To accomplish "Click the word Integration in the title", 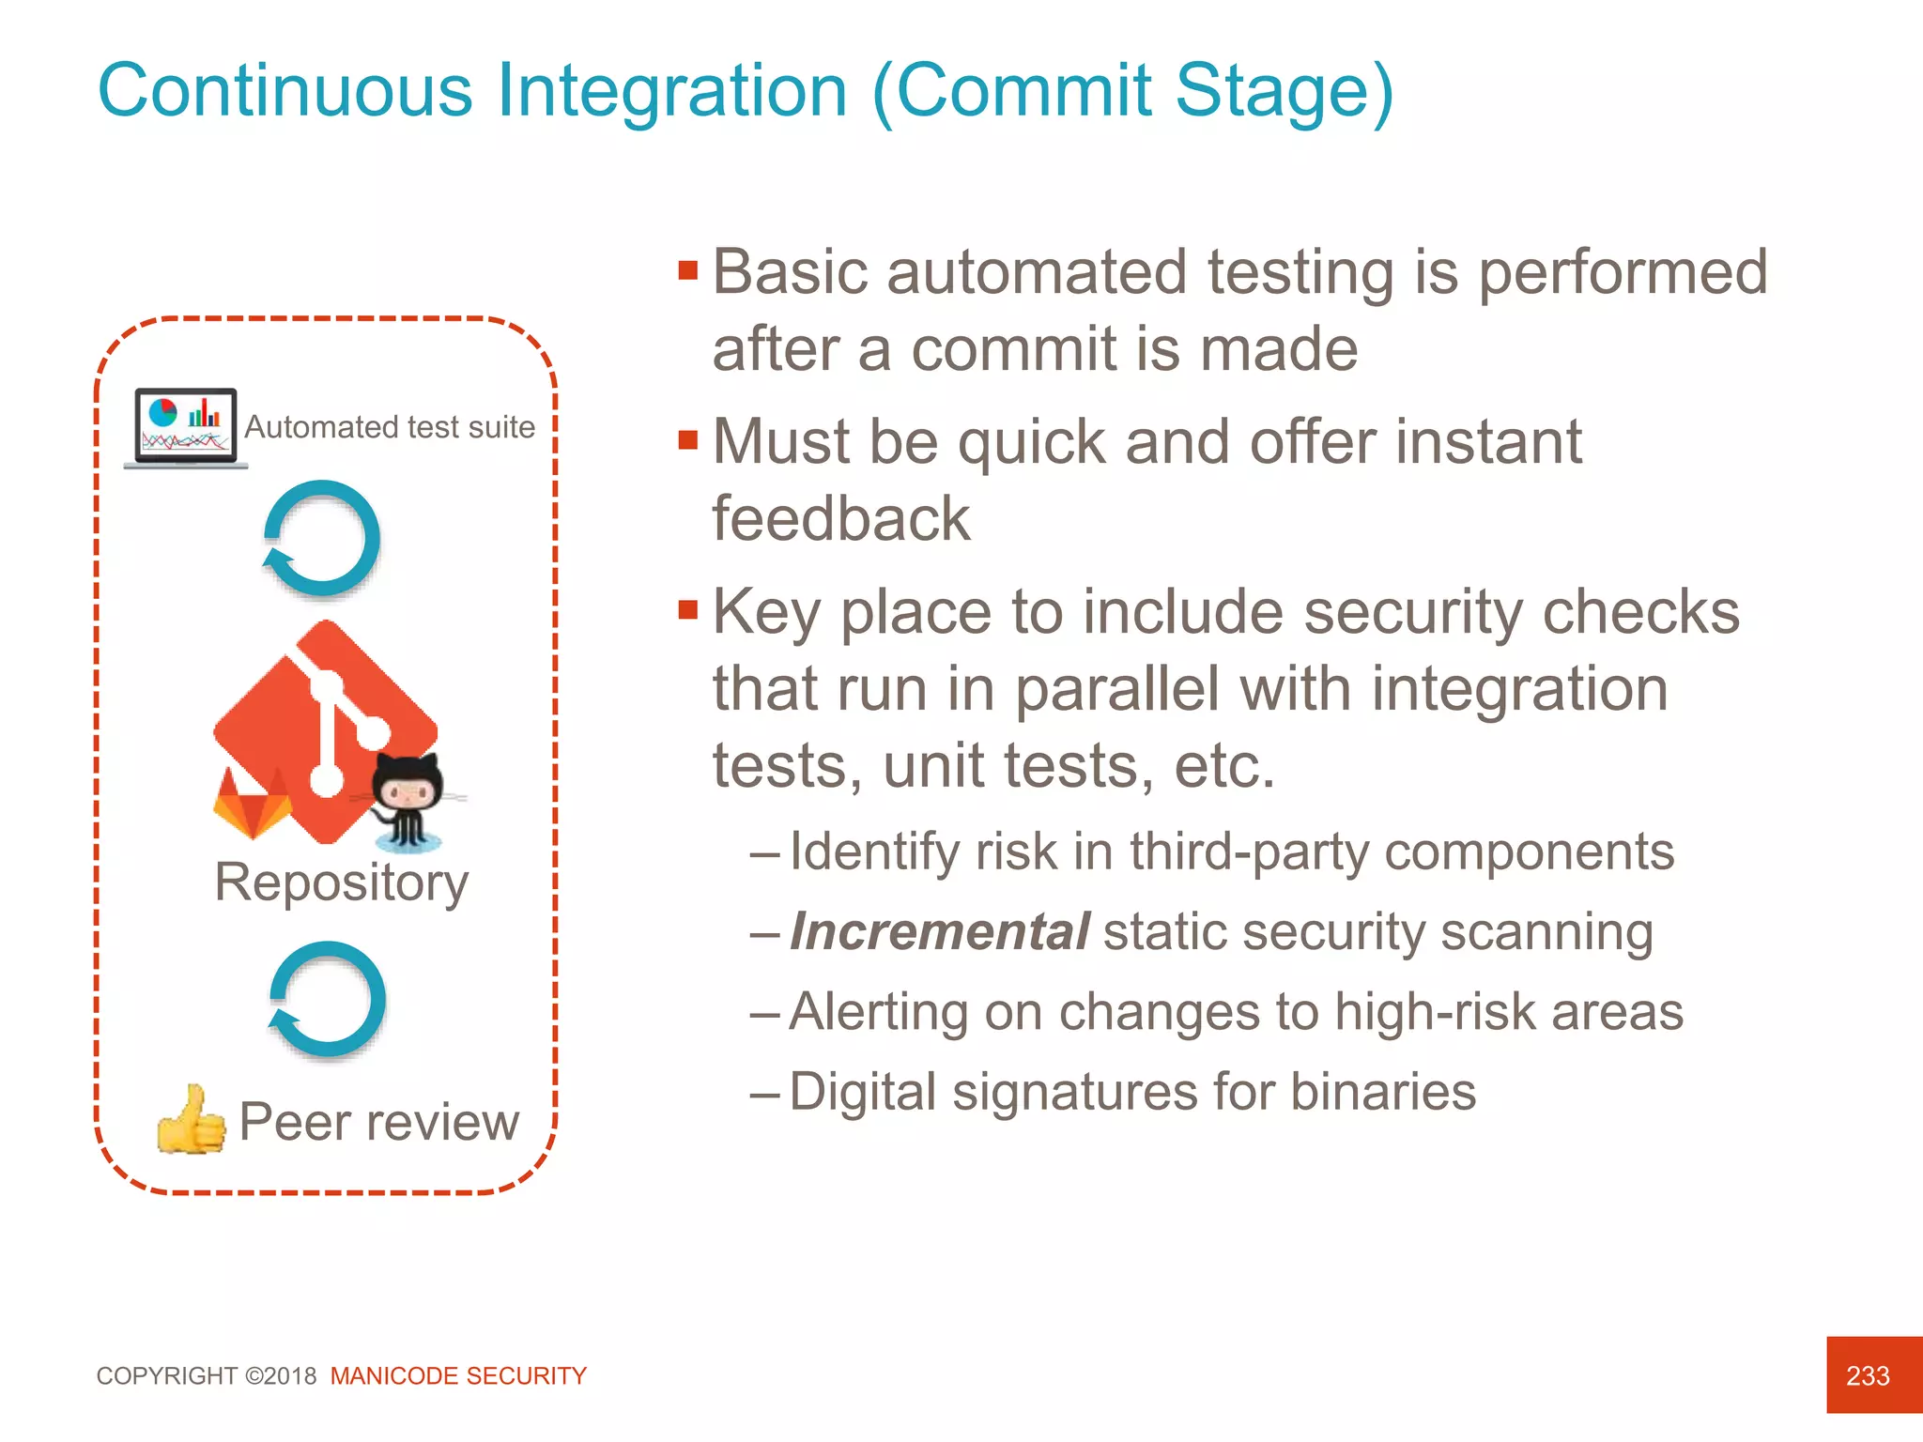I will click(x=671, y=92).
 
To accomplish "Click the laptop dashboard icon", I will click(x=185, y=427).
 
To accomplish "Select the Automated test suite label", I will click(x=390, y=427).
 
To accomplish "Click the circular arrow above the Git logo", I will click(x=322, y=539).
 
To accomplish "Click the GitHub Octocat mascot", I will click(x=408, y=798).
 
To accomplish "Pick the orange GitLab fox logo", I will click(x=252, y=802).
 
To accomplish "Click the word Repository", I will click(x=341, y=882).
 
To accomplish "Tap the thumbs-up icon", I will click(x=192, y=1120).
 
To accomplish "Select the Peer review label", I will click(x=378, y=1122).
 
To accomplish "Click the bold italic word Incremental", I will click(x=939, y=932).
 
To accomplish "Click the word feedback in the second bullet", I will click(x=840, y=519).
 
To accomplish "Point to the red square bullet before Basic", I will click(x=688, y=270).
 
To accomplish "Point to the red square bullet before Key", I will click(x=688, y=610).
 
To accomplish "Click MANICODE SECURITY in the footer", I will click(x=458, y=1376).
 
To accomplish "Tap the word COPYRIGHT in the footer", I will click(x=167, y=1376).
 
